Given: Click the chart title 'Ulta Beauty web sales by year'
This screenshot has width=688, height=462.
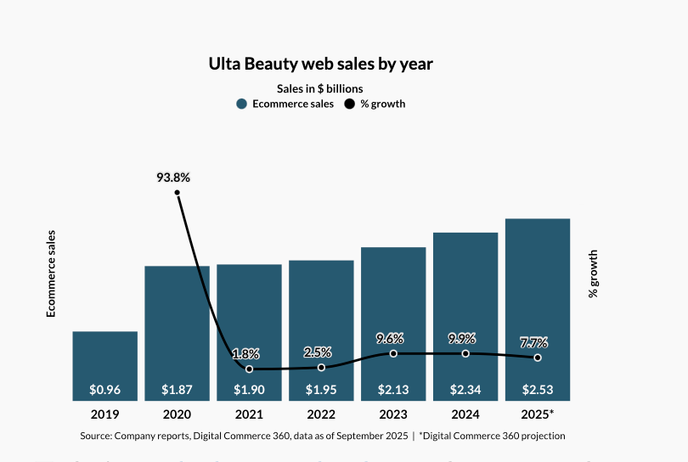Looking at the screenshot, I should (321, 64).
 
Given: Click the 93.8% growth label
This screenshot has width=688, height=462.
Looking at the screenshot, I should (173, 177).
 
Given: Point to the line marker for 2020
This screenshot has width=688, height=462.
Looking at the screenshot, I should (178, 193).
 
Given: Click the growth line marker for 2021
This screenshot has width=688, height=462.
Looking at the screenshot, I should (249, 369).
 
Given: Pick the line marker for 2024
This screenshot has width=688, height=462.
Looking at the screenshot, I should (465, 353).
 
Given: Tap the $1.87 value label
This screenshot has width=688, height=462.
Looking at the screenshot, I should (178, 391).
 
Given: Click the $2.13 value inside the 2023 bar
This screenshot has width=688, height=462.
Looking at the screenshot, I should (393, 391).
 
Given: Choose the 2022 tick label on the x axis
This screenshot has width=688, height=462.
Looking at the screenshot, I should (321, 414).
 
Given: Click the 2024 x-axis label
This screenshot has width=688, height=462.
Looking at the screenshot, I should (465, 414).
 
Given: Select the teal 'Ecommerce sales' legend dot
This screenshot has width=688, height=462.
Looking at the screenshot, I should (242, 104).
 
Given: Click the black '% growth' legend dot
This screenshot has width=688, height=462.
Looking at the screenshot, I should (348, 104).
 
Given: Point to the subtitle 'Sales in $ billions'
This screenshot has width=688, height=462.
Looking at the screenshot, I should (320, 88).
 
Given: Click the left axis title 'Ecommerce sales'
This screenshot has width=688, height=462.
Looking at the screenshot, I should (51, 273).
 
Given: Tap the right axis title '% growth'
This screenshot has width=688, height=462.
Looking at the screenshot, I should (593, 273).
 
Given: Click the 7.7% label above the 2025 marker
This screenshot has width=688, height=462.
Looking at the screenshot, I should (534, 343).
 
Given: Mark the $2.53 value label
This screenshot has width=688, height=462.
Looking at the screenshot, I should (538, 391).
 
